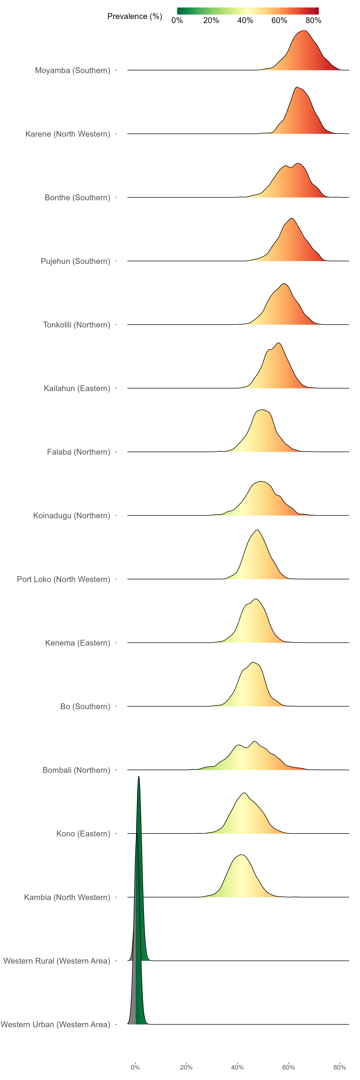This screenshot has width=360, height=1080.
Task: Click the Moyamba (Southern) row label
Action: (x=72, y=70)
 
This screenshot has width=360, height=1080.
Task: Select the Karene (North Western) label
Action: (x=68, y=134)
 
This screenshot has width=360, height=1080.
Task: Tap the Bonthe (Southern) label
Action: (x=78, y=198)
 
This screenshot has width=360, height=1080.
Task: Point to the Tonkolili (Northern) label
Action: (x=77, y=325)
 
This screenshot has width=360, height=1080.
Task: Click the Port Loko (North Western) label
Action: (x=64, y=579)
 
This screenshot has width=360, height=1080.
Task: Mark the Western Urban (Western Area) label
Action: (x=55, y=1025)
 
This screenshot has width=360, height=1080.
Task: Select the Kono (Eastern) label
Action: (x=83, y=834)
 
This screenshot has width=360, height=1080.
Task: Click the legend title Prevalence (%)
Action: (x=135, y=16)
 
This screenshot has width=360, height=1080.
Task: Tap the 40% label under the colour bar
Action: (x=245, y=21)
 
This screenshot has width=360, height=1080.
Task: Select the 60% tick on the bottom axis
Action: (x=288, y=1067)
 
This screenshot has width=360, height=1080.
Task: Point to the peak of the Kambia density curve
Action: (x=241, y=854)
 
